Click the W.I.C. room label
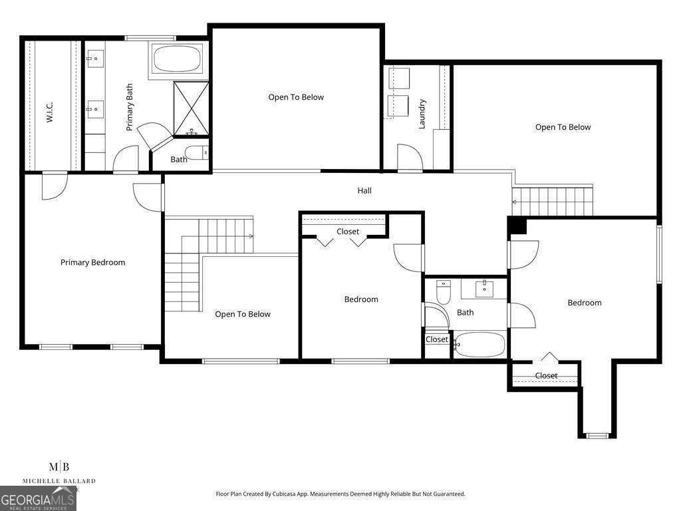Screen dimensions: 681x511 click(49, 112)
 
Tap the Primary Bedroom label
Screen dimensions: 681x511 click(92, 262)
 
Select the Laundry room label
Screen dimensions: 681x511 click(422, 114)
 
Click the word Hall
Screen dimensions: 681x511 click(364, 190)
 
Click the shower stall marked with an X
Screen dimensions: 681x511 click(191, 108)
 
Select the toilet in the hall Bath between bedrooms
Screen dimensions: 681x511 click(444, 292)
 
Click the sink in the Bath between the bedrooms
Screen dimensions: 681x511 click(484, 288)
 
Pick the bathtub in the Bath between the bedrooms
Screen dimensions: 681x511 click(479, 345)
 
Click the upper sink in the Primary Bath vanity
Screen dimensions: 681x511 click(94, 59)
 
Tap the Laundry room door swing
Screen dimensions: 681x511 click(410, 157)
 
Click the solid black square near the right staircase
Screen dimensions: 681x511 click(518, 226)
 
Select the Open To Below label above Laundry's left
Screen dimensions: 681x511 click(296, 97)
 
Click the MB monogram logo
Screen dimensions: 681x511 click(59, 467)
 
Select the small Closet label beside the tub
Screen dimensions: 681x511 click(436, 339)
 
